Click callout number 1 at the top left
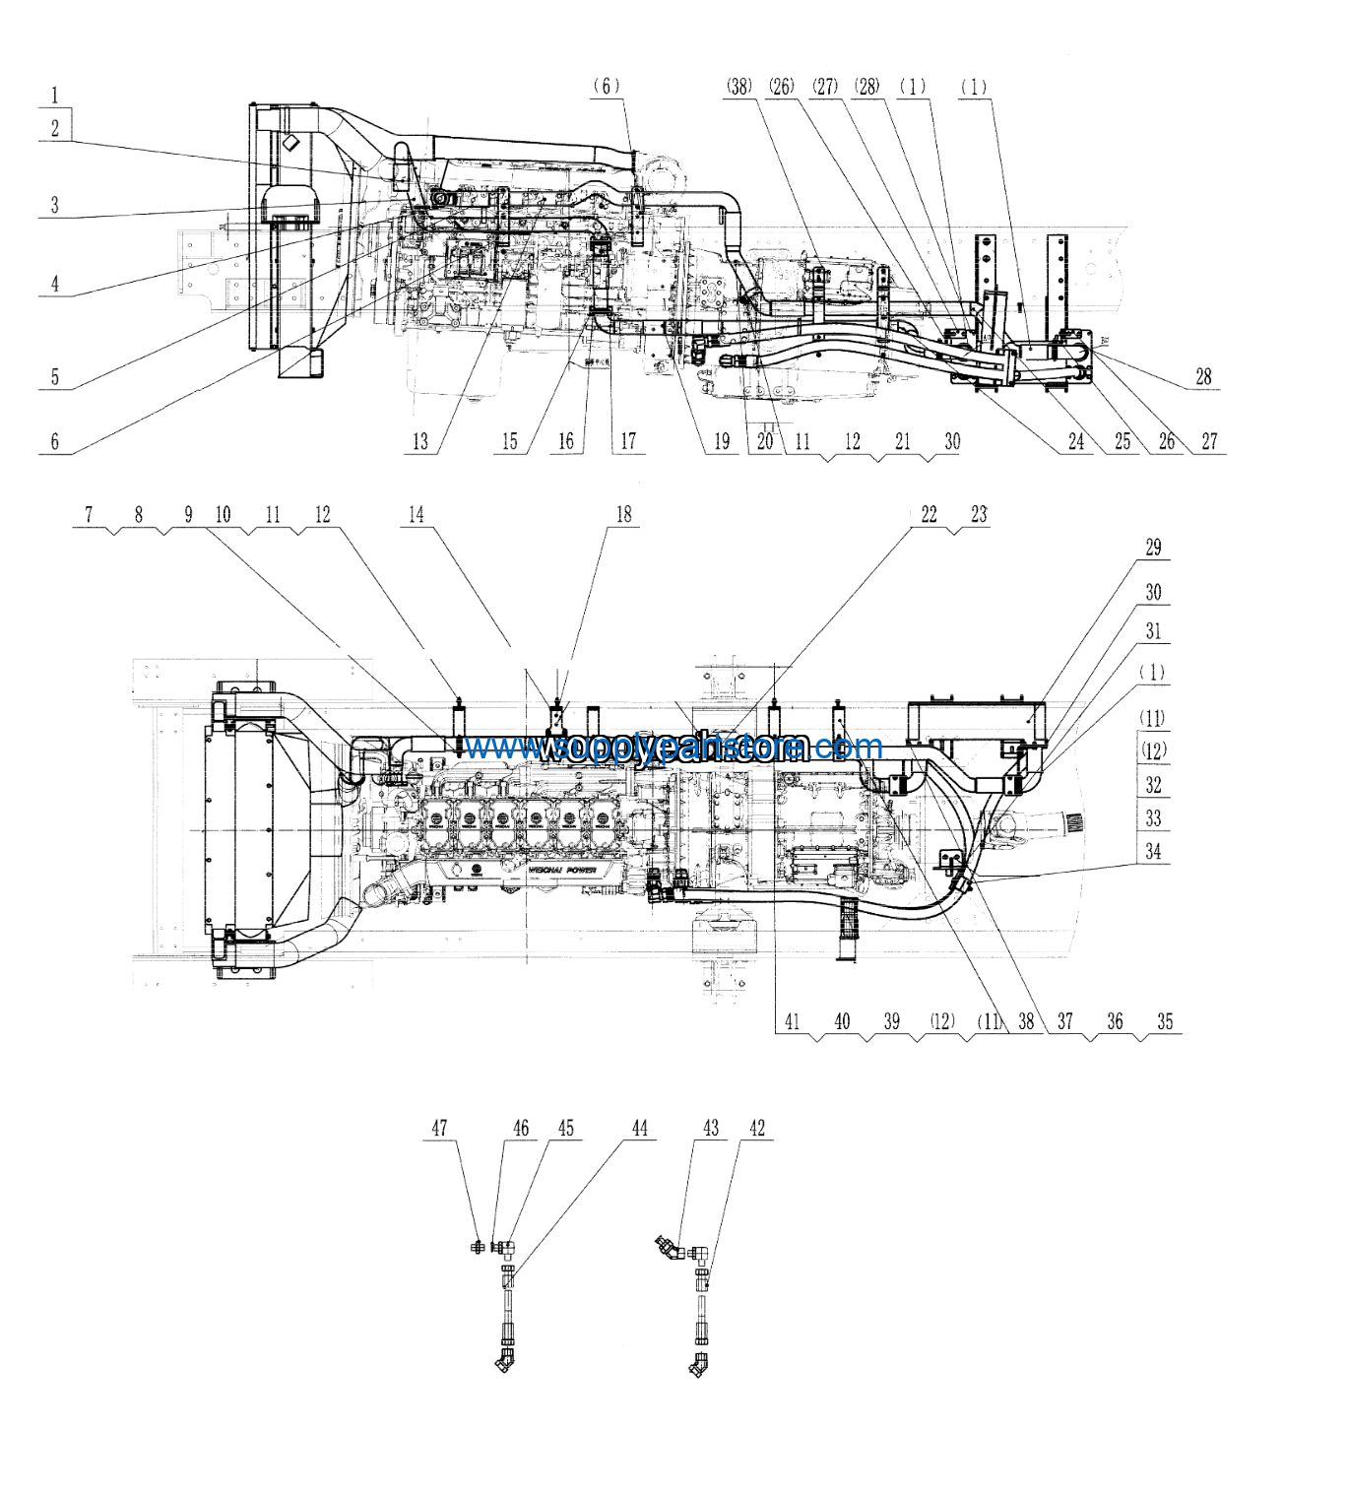tap(55, 96)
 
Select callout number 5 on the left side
tap(55, 376)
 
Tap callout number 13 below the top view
tap(420, 441)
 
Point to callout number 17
tap(627, 441)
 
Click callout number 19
tap(722, 441)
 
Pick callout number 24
tap(1076, 441)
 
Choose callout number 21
tap(902, 441)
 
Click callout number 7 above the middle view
tap(90, 514)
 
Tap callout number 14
tap(417, 514)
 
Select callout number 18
tap(623, 514)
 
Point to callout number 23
tap(978, 514)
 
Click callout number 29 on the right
tap(1153, 548)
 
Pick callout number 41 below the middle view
tap(793, 1021)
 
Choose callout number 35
tap(1165, 1021)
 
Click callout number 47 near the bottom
tap(440, 1128)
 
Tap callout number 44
tap(640, 1128)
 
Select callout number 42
tap(756, 1128)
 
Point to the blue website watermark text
tap(674, 748)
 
